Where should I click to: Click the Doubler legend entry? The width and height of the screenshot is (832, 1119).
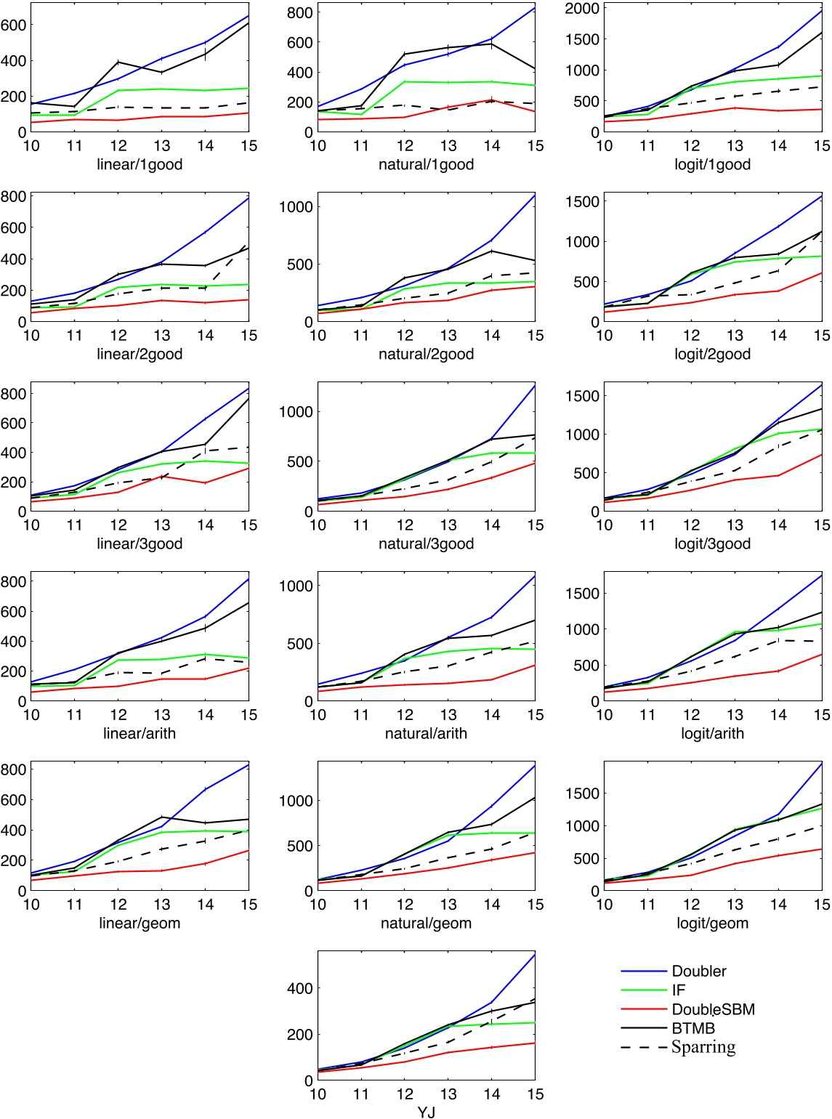pos(698,971)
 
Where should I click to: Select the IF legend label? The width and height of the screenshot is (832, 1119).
pos(678,990)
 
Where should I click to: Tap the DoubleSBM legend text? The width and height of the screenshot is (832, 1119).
pos(713,1009)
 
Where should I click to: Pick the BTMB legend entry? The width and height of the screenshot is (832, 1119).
pos(693,1028)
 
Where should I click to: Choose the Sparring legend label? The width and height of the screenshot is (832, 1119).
pos(703,1047)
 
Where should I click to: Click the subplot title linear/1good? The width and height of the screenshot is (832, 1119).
pos(140,164)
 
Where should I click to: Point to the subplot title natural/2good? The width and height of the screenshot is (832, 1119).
pos(426,354)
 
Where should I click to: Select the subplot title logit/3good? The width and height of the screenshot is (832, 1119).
pos(712,544)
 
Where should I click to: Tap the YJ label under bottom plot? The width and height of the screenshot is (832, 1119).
pos(426,1112)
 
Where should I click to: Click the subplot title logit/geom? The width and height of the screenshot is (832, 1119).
pos(712,923)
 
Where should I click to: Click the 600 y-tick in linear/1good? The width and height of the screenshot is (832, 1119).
pos(13,25)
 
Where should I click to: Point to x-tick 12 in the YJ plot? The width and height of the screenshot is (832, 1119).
pos(405,1094)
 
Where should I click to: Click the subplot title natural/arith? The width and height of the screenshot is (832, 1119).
pos(426,733)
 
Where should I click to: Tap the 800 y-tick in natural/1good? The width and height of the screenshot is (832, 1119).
pos(299,12)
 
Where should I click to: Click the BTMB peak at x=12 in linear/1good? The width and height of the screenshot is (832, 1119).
pos(118,62)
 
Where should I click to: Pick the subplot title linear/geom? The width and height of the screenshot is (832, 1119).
pos(140,923)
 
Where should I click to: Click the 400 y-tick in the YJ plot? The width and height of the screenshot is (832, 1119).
pos(299,988)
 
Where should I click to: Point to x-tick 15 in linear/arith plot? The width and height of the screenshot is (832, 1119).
pos(249,715)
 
